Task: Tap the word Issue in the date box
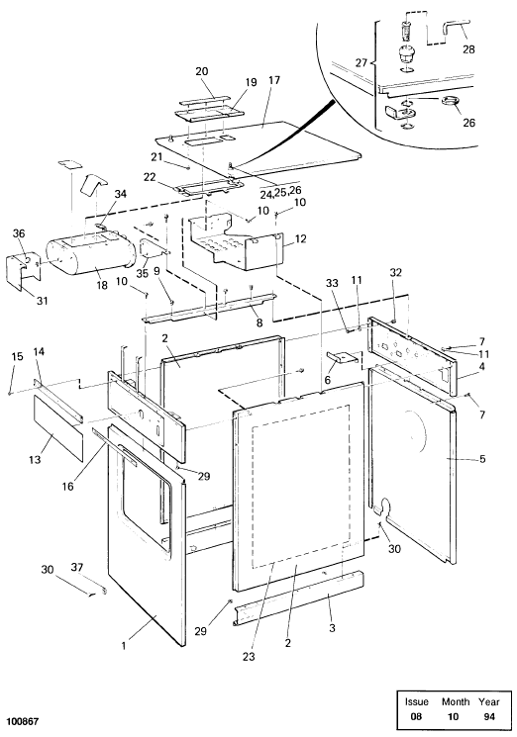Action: coord(417,701)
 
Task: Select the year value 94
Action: coord(489,717)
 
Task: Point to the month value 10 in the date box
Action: coord(453,717)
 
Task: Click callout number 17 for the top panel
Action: coord(274,80)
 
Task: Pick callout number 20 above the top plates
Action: coord(202,71)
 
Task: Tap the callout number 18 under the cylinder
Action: coord(102,285)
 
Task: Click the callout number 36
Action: coord(19,233)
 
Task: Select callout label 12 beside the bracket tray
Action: coord(301,238)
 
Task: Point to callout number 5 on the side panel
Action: coord(482,459)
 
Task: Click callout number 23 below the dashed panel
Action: coord(249,657)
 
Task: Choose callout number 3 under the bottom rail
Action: coord(332,628)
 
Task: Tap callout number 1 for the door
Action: coord(124,646)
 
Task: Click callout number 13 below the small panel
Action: coord(35,459)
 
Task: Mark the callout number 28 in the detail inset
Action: coord(468,49)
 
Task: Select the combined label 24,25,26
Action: coord(281,191)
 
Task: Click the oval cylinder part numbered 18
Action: coord(90,255)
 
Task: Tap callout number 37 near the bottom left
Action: coord(76,568)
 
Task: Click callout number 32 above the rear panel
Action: coord(396,273)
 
